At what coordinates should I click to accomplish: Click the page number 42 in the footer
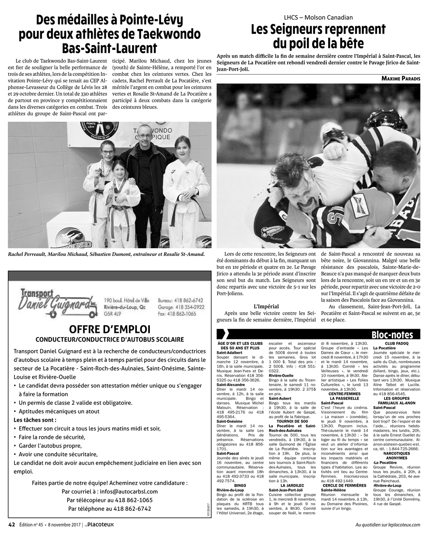pos(12,524)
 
